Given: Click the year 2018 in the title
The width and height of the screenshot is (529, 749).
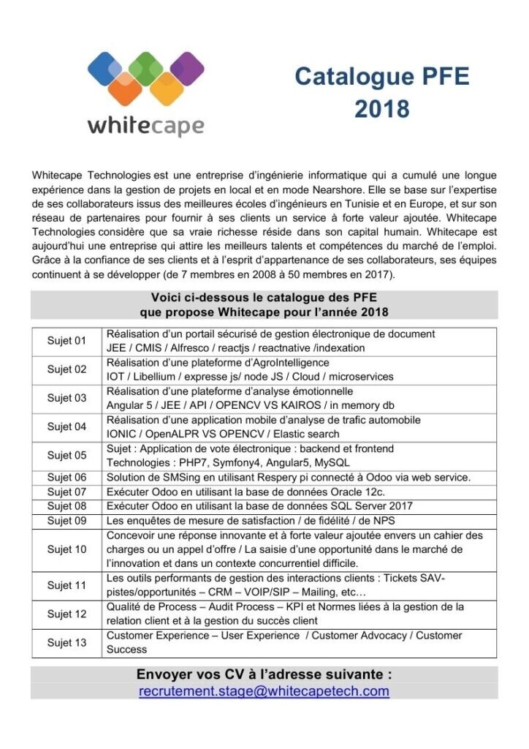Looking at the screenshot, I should [382, 108].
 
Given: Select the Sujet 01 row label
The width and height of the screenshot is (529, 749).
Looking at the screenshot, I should [66, 341].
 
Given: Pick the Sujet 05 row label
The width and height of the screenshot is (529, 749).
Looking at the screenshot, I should [66, 456].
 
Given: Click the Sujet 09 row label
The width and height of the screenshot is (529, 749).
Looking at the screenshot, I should [66, 521].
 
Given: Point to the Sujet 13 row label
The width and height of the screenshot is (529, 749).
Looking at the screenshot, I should [66, 642].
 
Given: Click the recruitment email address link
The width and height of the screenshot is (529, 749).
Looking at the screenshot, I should [264, 690].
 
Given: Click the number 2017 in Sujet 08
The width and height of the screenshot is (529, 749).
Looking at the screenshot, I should [400, 506].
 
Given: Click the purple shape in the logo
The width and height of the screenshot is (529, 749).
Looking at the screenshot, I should [187, 71].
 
